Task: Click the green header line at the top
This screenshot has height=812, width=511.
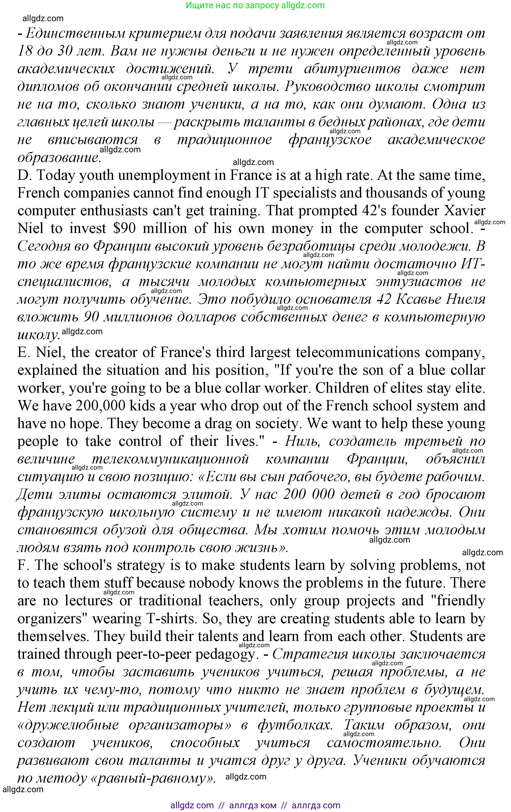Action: pyautogui.click(x=255, y=5)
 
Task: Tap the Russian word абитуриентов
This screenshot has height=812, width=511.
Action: pyautogui.click(x=352, y=69)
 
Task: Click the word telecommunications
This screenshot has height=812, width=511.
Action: pyautogui.click(x=357, y=353)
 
